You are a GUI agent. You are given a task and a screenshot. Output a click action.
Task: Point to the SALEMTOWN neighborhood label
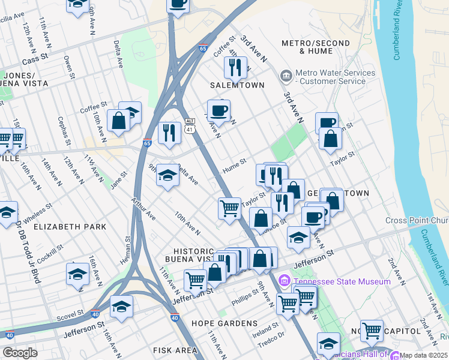coord(237,85)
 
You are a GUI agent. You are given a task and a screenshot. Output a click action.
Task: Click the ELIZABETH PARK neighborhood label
coord(70,227)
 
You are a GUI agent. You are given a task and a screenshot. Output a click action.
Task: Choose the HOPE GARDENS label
coord(224,323)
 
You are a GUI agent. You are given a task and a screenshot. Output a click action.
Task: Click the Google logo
coord(20,353)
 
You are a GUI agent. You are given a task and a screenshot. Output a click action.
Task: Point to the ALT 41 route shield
coord(190,125)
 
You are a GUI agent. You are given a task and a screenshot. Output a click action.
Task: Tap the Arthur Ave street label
coord(144,209)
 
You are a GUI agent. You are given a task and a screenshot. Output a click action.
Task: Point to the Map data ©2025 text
coord(423,355)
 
